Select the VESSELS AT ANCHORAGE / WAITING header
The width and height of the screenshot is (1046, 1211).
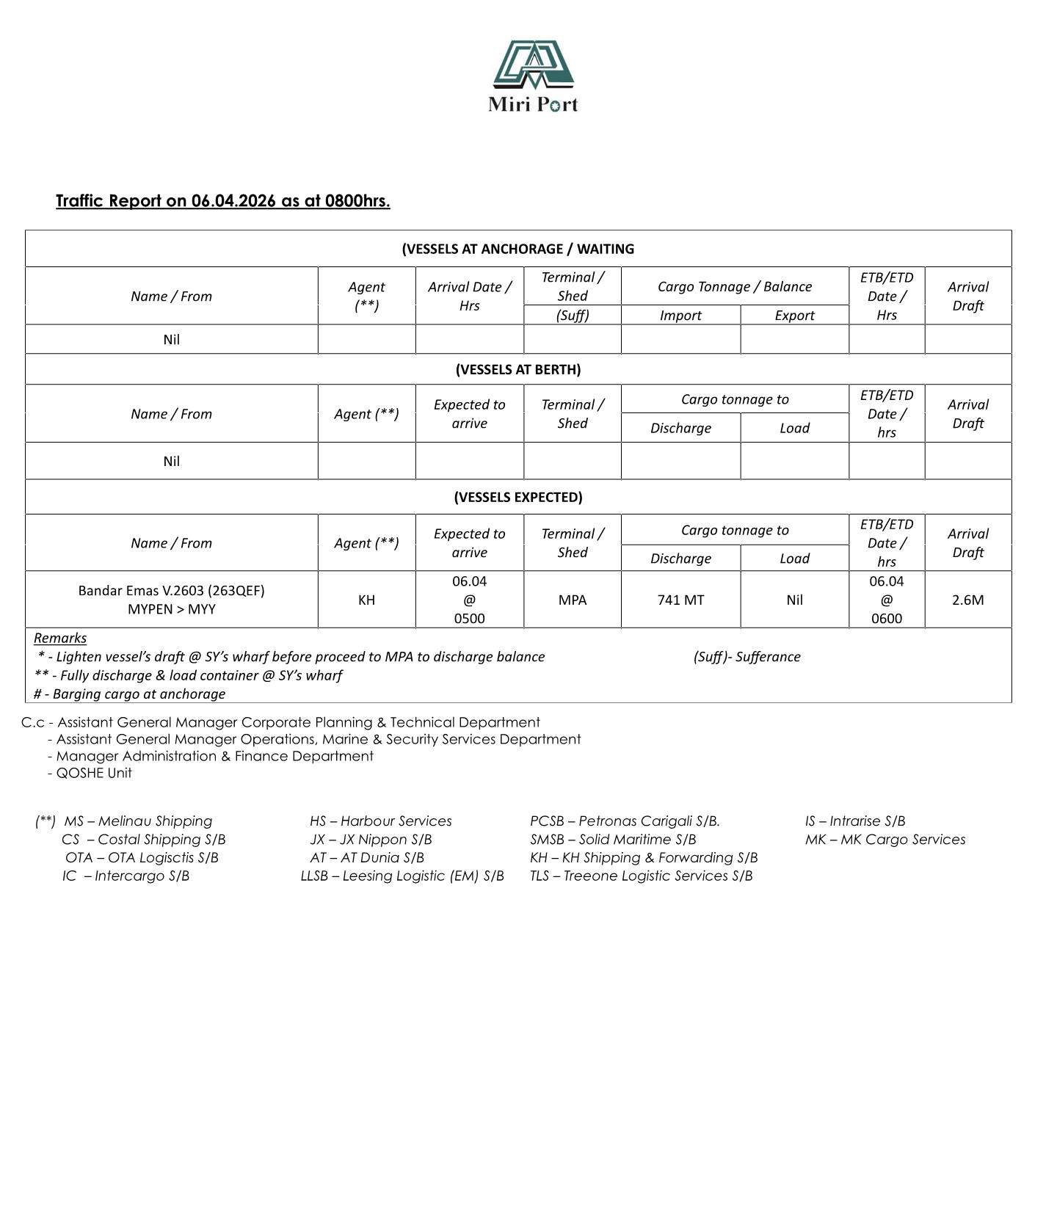(x=517, y=249)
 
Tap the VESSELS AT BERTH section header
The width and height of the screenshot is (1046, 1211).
(x=517, y=369)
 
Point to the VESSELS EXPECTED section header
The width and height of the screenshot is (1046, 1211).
(x=517, y=497)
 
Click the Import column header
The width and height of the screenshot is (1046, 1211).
(x=680, y=316)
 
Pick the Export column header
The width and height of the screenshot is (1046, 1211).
(x=794, y=316)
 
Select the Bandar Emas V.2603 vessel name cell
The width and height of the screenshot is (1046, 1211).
(x=171, y=591)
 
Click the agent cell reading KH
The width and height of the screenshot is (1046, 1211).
(x=366, y=600)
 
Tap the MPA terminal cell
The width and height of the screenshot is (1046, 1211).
(x=572, y=600)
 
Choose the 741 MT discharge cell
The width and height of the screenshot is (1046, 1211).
(x=680, y=600)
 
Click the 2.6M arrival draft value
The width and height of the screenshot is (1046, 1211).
(x=967, y=600)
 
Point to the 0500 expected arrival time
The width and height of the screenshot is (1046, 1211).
(x=469, y=619)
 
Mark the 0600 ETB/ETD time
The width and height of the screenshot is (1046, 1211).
(x=886, y=619)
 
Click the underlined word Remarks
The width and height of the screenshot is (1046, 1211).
(x=60, y=639)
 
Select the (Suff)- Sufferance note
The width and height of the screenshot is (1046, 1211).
(x=747, y=657)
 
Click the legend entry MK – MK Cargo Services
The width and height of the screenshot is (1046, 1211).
(x=885, y=840)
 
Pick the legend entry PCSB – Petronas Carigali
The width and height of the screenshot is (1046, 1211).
(x=625, y=821)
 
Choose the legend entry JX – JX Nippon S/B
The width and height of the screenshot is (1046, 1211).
(x=371, y=840)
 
